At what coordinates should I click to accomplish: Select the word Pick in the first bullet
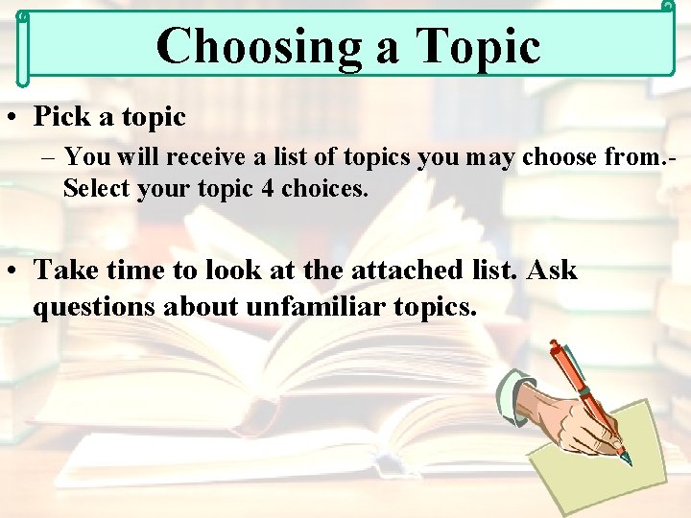(62, 117)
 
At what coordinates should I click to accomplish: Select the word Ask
(552, 271)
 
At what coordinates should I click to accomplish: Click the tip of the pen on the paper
(628, 461)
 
